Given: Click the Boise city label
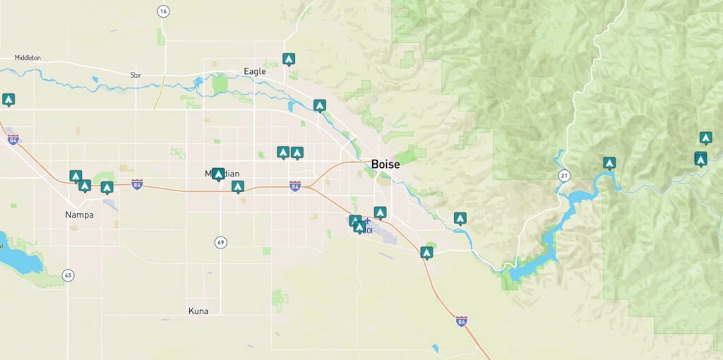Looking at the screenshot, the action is coord(386,164).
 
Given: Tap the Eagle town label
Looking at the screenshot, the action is coord(254,71).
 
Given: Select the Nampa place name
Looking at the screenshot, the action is coord(79,215).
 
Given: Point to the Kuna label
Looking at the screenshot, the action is coord(198,311).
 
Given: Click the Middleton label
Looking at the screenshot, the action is coord(28,57).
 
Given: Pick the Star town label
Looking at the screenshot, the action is coord(136,75).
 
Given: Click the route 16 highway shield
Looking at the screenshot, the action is coord(164,11).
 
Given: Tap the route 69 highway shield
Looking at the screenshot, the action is coord(221,243).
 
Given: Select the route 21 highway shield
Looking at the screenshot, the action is coord(563,175).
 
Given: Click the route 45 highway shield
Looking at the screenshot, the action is coord(68,275).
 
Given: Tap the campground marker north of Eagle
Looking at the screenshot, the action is coord(288,59).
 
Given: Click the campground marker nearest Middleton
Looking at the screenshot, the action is coord(8,100).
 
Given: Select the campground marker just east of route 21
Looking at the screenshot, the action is coord(609,163).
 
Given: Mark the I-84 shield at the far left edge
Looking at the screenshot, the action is coord(13,140).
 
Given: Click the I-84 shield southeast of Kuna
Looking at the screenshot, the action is coord(461,321).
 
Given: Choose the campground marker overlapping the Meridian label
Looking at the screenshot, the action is coord(218,174).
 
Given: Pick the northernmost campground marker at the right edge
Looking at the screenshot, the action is coord(705,138).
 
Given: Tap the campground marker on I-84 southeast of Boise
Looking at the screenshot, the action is coord(426,252).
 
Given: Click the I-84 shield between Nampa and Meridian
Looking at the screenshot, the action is coord(137,184).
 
